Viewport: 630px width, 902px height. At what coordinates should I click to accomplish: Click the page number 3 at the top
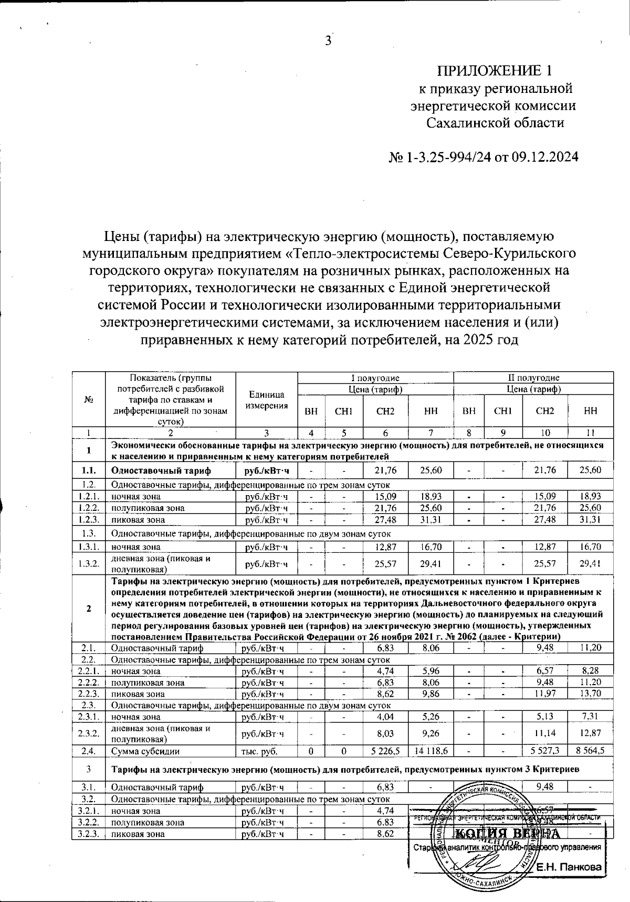(x=329, y=40)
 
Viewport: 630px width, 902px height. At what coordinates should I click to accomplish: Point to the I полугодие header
(x=375, y=377)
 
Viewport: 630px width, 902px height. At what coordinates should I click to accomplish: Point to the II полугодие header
(x=533, y=377)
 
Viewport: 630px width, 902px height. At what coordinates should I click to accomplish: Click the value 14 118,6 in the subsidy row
(x=430, y=751)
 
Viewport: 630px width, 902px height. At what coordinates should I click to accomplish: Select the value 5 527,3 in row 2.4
(x=545, y=751)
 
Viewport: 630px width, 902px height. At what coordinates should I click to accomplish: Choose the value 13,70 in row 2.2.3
(x=591, y=693)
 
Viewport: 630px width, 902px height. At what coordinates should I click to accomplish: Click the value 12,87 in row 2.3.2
(x=591, y=732)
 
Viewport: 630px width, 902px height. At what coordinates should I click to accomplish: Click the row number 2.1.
(x=88, y=648)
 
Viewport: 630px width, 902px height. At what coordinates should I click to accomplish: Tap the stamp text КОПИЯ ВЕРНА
(x=507, y=834)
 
